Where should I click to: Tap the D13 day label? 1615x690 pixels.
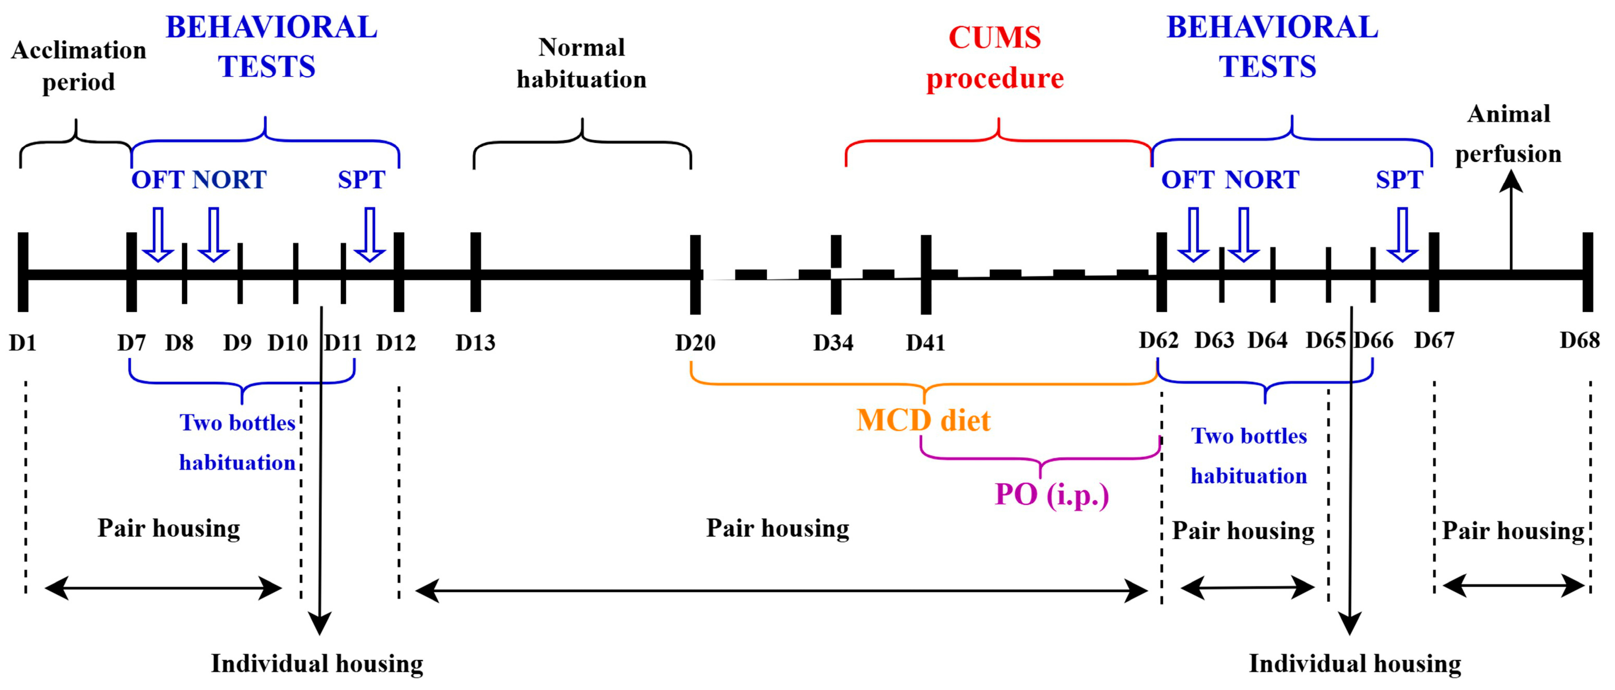click(x=475, y=343)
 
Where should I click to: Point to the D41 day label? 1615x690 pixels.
click(x=925, y=343)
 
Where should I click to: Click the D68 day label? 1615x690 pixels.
click(x=1579, y=340)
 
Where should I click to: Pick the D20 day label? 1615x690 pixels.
click(x=695, y=343)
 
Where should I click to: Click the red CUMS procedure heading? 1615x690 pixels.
click(x=995, y=58)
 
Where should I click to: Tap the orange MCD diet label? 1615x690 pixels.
click(x=924, y=420)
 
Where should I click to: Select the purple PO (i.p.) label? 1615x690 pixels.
click(x=1052, y=495)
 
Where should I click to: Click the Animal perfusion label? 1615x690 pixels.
click(x=1509, y=133)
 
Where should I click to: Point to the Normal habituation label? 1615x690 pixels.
click(x=581, y=63)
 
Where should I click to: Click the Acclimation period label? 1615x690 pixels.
click(x=78, y=66)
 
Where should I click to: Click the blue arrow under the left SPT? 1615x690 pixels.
click(x=370, y=234)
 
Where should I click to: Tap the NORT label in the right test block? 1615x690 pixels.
click(x=1262, y=180)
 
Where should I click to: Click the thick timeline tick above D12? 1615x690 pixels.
click(x=399, y=272)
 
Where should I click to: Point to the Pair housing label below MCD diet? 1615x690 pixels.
click(x=778, y=528)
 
